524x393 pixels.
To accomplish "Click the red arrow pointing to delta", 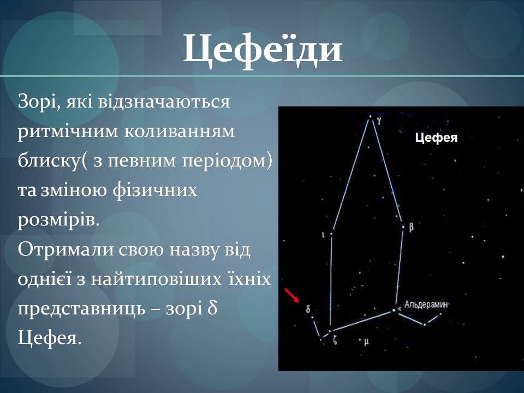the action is pos(291,295).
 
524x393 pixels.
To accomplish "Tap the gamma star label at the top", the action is pos(379,121).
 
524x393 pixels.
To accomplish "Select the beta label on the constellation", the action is pos(411,227).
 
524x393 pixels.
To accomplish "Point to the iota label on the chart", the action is pos(323,235).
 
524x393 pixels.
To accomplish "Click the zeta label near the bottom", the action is pos(335,340).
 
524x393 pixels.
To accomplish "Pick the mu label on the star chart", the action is pos(366,342).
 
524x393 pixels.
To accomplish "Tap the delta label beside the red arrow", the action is pos(308,309).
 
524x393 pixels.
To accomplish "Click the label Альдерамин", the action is pos(426,305).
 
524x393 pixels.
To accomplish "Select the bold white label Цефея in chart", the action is pos(436,138).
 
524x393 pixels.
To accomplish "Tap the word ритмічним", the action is pos(68,132).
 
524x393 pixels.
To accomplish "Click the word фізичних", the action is pos(154,190).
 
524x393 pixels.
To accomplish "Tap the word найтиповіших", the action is pos(157,279).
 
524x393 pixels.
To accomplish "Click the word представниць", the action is pos(81,309).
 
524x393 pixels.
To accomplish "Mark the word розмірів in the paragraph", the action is pos(58,221).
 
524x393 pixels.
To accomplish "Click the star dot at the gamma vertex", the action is pos(370,117).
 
